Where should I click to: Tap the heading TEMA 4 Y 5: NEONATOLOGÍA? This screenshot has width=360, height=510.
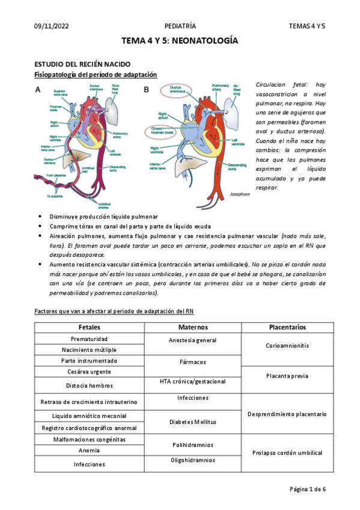pos(180,41)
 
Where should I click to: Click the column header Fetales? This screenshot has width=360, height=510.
pos(90,327)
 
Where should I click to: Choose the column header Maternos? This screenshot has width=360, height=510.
pos(193,327)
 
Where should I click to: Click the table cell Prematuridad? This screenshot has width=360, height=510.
pos(90,339)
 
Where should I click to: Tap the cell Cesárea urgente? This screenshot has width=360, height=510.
pos(90,371)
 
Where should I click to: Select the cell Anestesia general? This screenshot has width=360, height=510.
pos(193,340)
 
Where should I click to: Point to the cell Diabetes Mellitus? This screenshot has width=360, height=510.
pos(193,422)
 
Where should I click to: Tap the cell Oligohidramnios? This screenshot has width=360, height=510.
pos(193,460)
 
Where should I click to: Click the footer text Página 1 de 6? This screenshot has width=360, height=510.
pos(307,489)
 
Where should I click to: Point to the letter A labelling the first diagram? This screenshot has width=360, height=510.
pos(38,90)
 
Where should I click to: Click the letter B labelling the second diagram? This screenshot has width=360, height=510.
pos(145,90)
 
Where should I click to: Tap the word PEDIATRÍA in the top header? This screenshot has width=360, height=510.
pos(180,26)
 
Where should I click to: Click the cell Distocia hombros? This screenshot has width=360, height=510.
pos(90,386)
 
